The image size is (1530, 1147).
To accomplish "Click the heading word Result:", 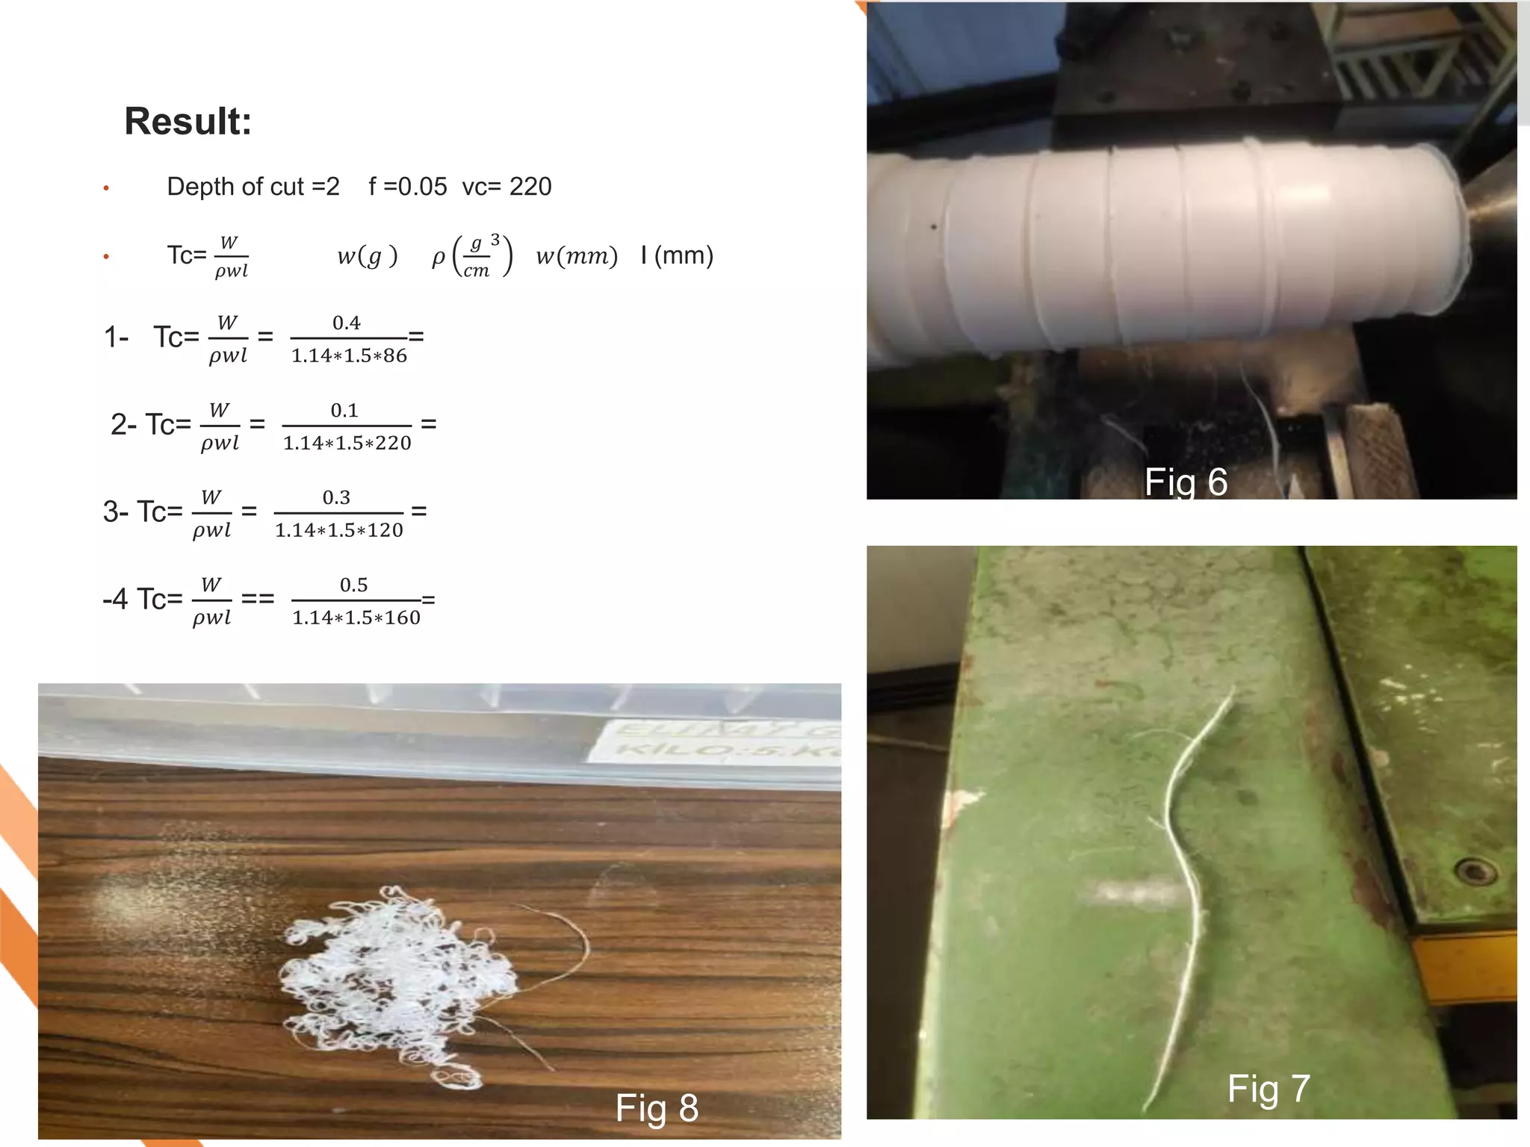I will [x=188, y=121].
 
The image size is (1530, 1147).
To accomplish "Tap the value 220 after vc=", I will [x=530, y=187].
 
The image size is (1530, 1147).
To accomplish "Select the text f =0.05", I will [x=408, y=187].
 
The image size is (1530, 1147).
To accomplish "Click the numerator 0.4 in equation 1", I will [x=347, y=323].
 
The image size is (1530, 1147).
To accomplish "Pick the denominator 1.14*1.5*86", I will [x=349, y=356].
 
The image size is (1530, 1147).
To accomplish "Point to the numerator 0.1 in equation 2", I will [x=344, y=410].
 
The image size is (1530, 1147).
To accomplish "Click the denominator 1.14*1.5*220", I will [x=347, y=444].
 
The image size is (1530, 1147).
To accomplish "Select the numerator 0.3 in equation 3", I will [x=336, y=497].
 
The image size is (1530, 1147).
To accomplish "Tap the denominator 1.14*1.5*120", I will [x=339, y=531].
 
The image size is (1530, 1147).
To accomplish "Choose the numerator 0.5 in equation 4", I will [x=353, y=585].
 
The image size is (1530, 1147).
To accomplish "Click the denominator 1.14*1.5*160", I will [x=356, y=618].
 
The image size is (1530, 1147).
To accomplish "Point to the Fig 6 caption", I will [x=1186, y=482].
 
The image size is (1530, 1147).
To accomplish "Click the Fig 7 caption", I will [x=1269, y=1089].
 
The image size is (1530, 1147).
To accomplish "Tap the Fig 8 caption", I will [x=657, y=1108].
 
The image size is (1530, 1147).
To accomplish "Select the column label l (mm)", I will [x=677, y=256].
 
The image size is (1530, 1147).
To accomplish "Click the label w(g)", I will [x=367, y=257].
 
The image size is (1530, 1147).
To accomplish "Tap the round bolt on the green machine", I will [x=1473, y=871].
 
